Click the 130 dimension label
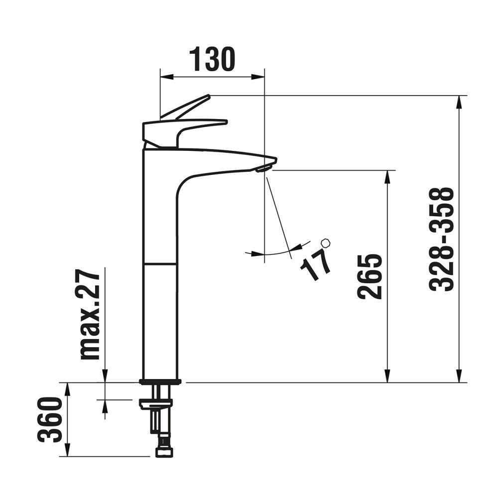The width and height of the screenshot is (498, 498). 212,59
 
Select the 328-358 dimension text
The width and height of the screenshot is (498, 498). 441,240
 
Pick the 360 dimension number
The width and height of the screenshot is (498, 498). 49,419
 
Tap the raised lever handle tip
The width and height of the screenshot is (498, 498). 208,96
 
